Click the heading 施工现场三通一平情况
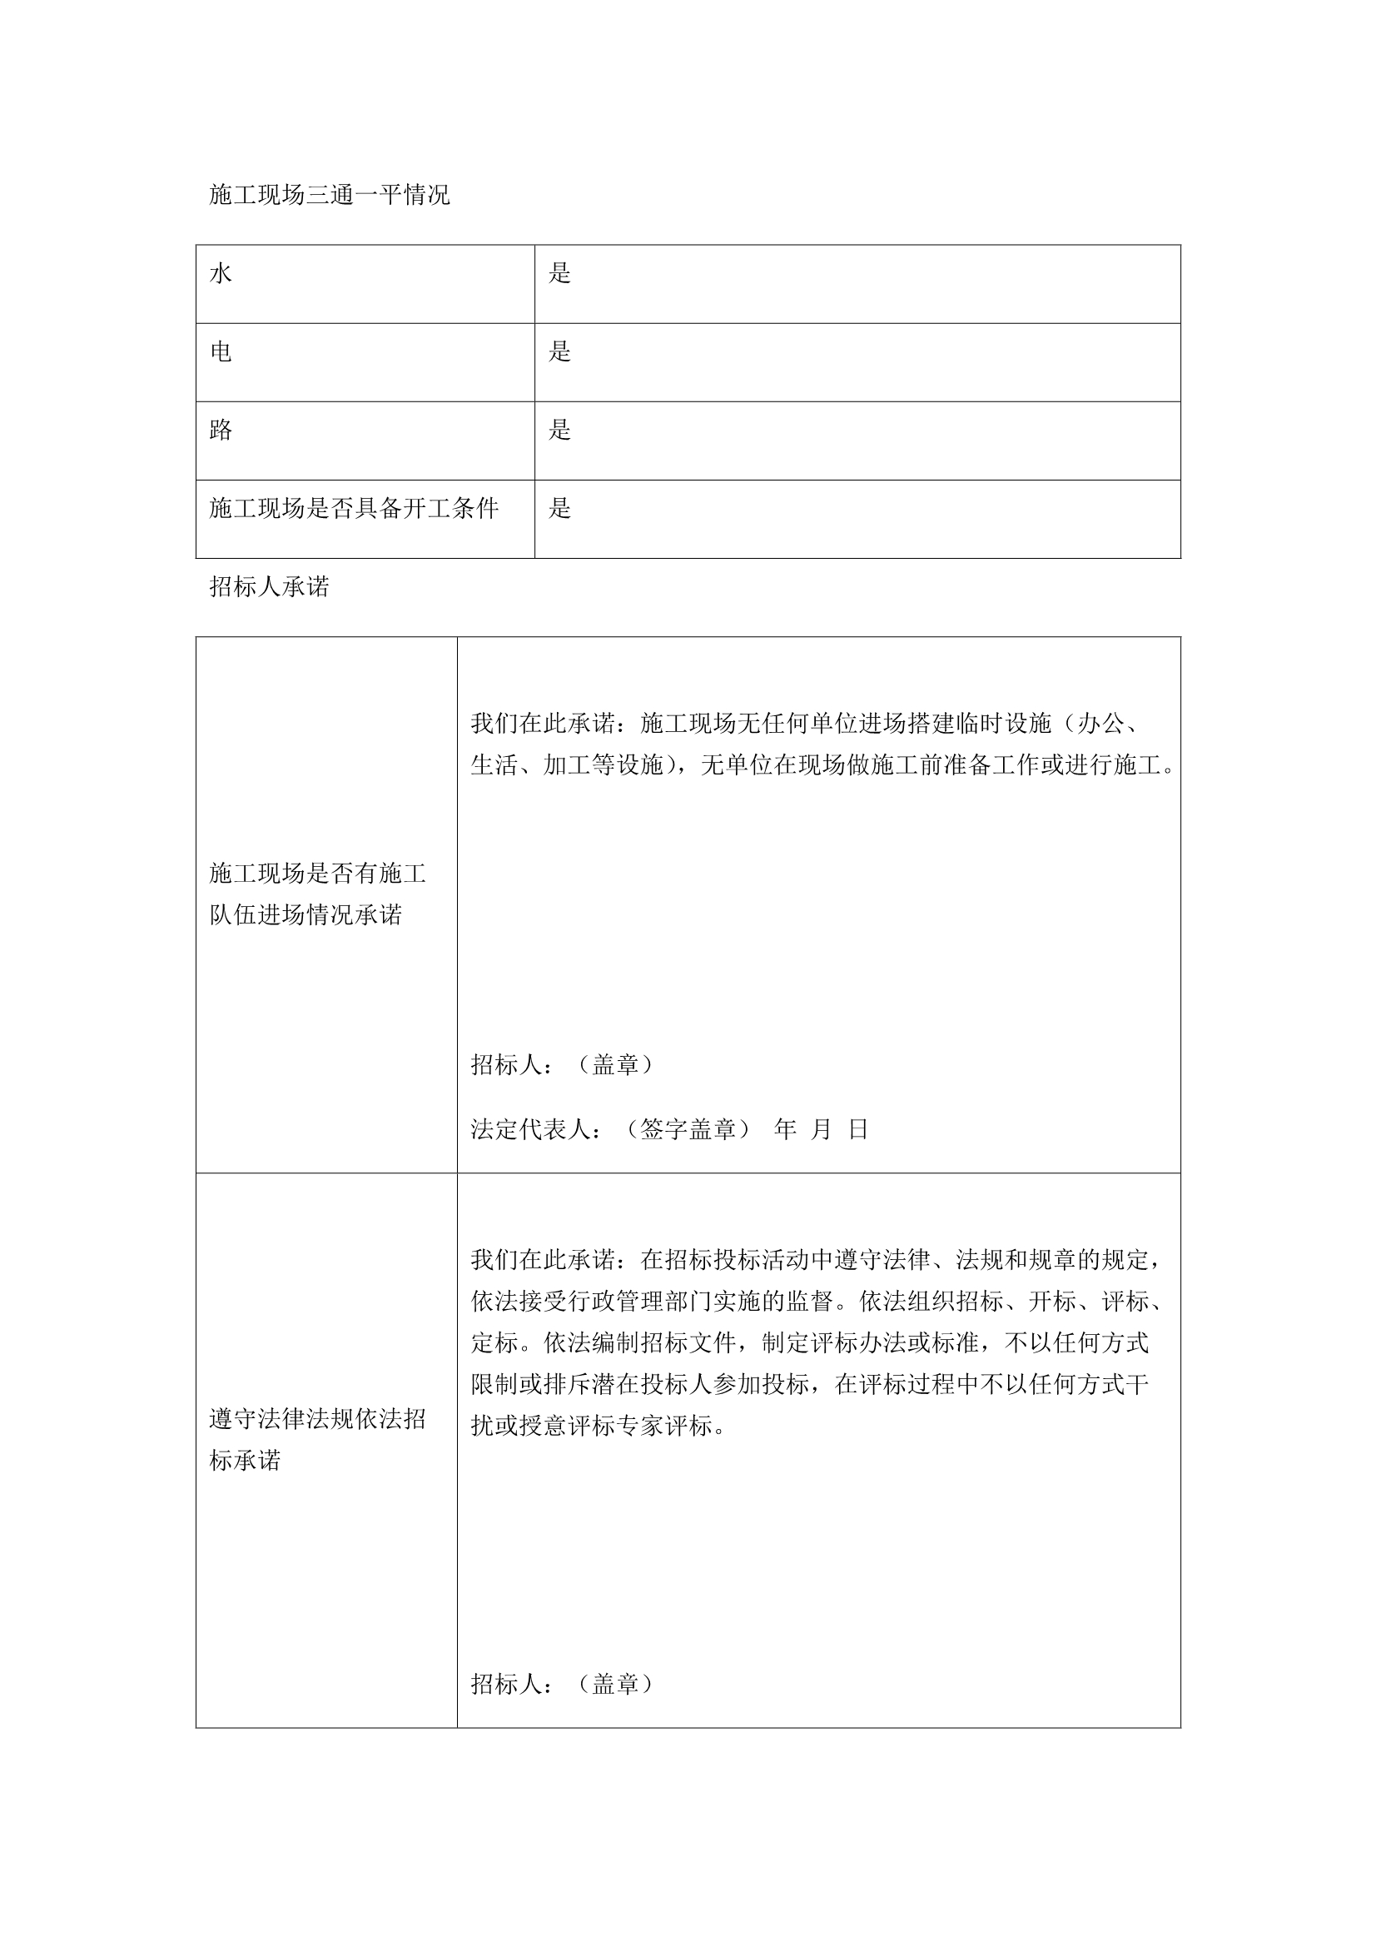pos(329,195)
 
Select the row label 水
pos(221,273)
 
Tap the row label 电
pos(221,351)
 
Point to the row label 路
pos(221,430)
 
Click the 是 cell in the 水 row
pos(559,273)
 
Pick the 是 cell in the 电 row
pos(559,351)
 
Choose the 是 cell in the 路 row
pos(559,430)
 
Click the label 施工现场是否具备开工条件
pos(354,508)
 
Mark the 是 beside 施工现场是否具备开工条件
pos(559,508)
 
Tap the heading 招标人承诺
pos(269,587)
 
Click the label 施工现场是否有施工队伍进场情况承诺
pos(317,894)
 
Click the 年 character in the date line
pos(785,1129)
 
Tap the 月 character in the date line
pos(822,1129)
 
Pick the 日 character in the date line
pos(858,1129)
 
